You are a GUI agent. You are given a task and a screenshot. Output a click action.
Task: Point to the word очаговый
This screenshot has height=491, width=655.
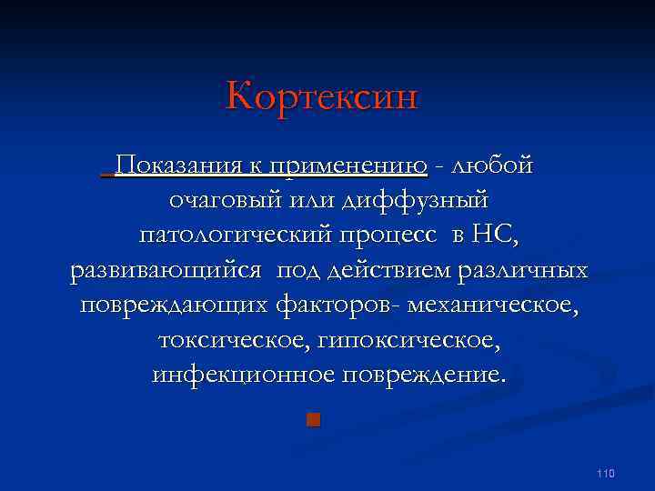click(x=225, y=200)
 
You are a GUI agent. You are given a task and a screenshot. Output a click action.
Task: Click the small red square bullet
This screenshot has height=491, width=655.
click(x=313, y=419)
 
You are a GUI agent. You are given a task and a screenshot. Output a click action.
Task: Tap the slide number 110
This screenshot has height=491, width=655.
click(x=607, y=474)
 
